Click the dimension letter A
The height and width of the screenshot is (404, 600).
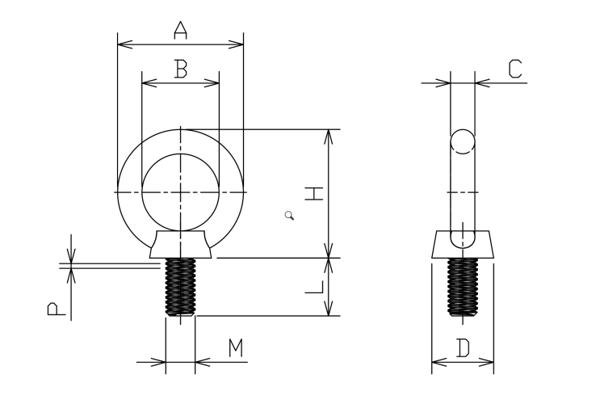[x=181, y=31]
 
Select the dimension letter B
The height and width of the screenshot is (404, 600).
[x=181, y=69]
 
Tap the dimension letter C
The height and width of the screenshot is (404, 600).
[x=515, y=69]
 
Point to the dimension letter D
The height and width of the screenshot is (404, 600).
[x=463, y=348]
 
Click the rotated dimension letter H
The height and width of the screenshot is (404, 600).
[x=314, y=194]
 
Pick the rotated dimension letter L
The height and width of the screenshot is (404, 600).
[x=314, y=287]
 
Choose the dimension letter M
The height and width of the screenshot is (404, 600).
[x=236, y=348]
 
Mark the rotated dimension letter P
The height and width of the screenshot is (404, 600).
[x=57, y=309]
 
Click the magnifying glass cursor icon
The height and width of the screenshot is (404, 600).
[x=290, y=216]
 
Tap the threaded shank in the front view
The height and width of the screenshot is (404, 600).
[x=180, y=287]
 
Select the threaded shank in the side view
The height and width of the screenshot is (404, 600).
[x=463, y=287]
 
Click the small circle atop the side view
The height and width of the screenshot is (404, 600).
[x=463, y=141]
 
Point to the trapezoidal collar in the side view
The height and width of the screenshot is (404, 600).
[x=463, y=244]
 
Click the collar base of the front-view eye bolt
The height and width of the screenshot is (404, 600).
[x=180, y=244]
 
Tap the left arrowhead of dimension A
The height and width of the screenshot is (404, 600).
[x=124, y=44]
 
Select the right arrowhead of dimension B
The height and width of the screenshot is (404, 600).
[x=212, y=82]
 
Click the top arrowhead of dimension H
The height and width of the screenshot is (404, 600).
[x=329, y=137]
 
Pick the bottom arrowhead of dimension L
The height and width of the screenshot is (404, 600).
[x=329, y=309]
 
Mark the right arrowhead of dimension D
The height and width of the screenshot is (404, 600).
[x=486, y=362]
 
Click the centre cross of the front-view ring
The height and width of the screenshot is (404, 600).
[x=180, y=192]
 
